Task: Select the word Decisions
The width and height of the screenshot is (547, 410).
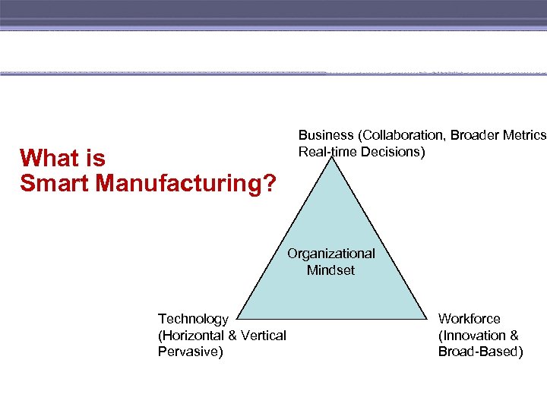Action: (x=394, y=152)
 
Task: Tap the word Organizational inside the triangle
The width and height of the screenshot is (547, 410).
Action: (x=330, y=254)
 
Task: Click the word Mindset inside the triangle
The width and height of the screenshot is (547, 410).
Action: (x=330, y=270)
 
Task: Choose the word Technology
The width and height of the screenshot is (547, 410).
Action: (x=193, y=319)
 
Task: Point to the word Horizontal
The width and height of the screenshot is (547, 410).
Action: (x=197, y=336)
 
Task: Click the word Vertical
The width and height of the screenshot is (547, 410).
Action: (x=264, y=336)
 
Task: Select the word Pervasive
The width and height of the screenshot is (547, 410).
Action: (x=188, y=352)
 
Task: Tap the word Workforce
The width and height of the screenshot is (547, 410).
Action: (x=470, y=319)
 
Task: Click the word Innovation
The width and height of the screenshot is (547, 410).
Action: (x=473, y=336)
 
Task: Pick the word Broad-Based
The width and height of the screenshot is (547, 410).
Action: (x=479, y=352)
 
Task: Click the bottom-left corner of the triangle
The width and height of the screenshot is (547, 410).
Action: (x=235, y=319)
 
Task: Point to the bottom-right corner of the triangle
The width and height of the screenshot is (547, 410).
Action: (x=427, y=319)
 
